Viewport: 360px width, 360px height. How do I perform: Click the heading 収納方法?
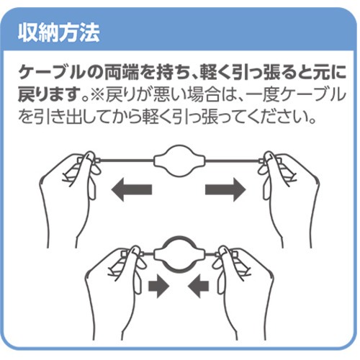point(58,32)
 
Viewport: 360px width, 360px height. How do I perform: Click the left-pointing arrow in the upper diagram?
point(132,189)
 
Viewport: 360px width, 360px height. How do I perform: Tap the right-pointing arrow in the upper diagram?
point(225,189)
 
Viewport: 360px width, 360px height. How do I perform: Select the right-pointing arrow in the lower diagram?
point(159,286)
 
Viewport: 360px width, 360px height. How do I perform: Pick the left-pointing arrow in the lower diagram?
point(198,286)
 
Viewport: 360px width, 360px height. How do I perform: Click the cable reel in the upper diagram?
point(179,161)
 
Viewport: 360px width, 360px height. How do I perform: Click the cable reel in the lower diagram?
point(179,254)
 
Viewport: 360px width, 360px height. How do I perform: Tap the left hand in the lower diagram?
point(115,288)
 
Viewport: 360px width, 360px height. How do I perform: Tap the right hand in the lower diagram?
point(243,288)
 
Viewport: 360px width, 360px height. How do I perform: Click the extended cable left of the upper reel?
point(126,160)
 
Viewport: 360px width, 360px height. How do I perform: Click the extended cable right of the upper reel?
point(233,160)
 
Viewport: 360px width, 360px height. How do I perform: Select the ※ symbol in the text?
point(96,95)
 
